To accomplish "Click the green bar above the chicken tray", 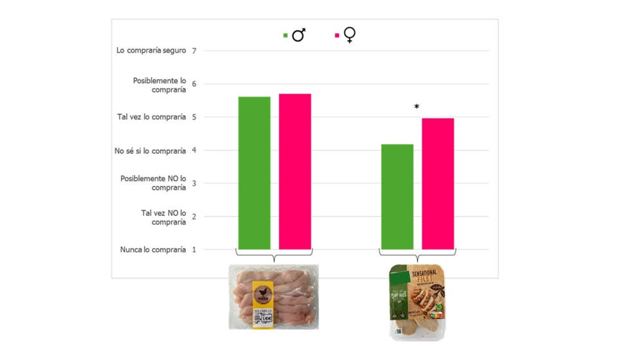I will click(254, 173).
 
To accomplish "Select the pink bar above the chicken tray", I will click(295, 172).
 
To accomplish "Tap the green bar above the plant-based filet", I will click(397, 197).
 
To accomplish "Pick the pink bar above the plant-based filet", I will click(438, 184).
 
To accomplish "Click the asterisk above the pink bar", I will click(417, 107).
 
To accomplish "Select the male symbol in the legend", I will click(298, 35).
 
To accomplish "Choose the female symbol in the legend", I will click(350, 35).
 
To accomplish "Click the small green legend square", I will click(285, 36).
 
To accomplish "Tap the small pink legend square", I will click(337, 36).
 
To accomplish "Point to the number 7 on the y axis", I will click(194, 51).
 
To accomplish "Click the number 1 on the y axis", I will click(194, 249).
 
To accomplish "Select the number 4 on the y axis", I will click(194, 150).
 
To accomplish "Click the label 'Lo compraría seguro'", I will click(151, 50).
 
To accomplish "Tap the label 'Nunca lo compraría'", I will click(152, 249).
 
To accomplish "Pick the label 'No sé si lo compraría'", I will click(150, 150).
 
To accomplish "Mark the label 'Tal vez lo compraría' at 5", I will click(151, 117).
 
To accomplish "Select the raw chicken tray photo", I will click(273, 296).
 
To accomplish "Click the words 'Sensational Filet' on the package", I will click(424, 276).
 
